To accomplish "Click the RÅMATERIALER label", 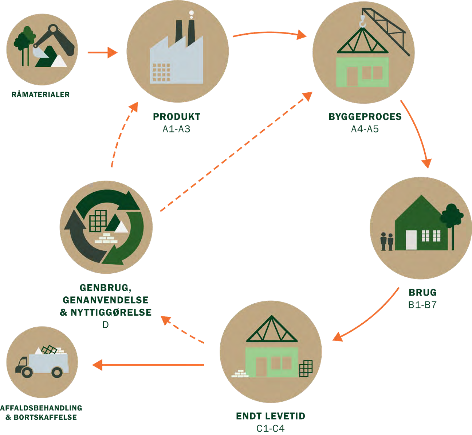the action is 40,94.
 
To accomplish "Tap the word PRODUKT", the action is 177,117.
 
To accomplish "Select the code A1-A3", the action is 176,129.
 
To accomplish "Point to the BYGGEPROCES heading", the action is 365,117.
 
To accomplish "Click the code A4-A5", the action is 365,129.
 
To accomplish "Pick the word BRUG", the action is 422,292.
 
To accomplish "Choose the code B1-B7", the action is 422,305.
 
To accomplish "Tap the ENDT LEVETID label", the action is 271,416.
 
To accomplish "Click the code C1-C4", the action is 271,428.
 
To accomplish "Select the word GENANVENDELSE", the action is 106,300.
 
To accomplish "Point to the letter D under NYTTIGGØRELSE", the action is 105,325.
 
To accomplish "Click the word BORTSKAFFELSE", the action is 45,417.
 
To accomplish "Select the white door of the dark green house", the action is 411,240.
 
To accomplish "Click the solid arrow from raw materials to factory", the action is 103,52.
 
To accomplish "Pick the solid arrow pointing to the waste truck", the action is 148,365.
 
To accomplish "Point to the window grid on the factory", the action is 161,72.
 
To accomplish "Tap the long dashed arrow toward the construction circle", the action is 236,151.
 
